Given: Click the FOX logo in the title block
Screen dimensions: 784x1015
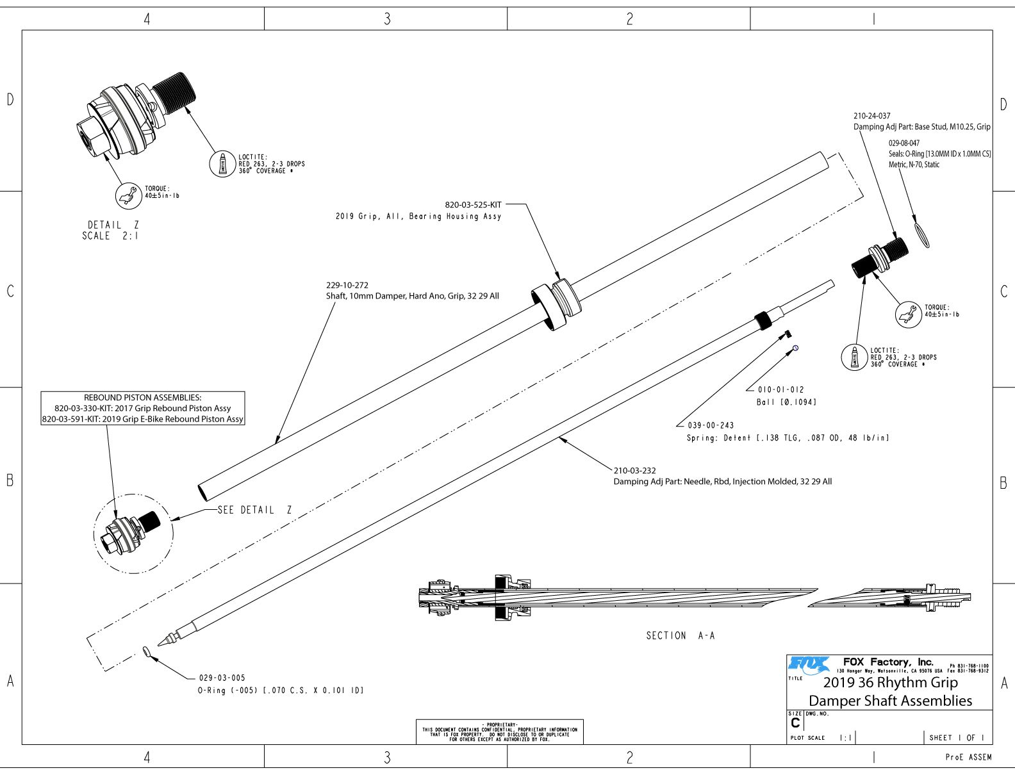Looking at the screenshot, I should [x=809, y=665].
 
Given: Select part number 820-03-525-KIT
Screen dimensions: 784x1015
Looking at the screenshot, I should [x=474, y=205].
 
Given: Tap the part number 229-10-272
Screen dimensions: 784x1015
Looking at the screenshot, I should [x=347, y=285].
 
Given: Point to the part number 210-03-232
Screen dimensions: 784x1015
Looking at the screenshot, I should [x=634, y=470].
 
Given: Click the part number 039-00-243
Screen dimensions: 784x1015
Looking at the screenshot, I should [x=711, y=425].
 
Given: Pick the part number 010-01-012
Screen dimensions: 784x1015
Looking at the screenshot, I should [x=780, y=389].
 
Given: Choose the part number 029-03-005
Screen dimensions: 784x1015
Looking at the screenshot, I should [x=222, y=678].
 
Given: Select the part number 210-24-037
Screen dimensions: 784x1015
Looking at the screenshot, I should [x=871, y=116].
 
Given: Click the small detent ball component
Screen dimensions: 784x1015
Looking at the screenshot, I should [x=795, y=348].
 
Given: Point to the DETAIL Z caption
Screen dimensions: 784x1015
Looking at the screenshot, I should [x=113, y=225].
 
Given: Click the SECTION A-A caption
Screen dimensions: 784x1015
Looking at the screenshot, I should [x=680, y=635].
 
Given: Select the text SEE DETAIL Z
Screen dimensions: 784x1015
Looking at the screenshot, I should [x=254, y=510].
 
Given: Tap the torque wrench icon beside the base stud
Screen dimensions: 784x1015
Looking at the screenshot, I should [x=908, y=314].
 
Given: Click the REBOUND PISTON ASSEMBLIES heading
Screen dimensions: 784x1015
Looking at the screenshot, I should [x=142, y=398].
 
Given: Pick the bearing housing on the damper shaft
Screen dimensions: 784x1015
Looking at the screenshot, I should [x=556, y=304].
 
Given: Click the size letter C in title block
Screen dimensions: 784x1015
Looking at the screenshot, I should [x=795, y=723].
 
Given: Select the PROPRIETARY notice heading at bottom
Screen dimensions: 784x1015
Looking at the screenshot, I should [x=499, y=725].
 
